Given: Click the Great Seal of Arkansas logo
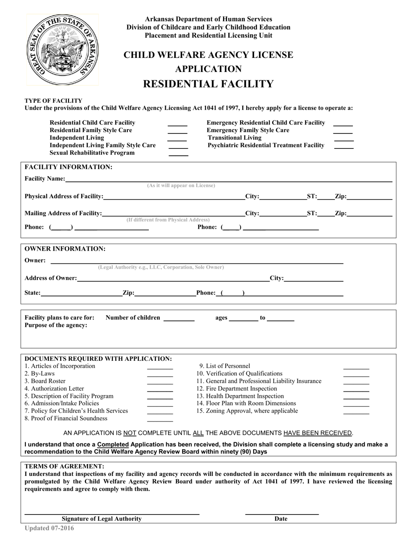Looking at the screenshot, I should (x=63, y=49).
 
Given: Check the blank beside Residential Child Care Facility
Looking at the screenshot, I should (x=177, y=125).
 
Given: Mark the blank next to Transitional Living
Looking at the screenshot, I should (x=343, y=140).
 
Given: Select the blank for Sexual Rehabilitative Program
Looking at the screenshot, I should (x=178, y=155).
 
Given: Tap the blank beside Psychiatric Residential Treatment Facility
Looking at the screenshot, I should (x=344, y=147).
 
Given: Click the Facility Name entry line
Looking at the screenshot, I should (x=228, y=180).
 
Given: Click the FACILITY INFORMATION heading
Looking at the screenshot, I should (x=68, y=167).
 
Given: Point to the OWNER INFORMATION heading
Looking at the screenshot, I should (x=65, y=249).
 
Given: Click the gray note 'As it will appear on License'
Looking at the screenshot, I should (x=181, y=186).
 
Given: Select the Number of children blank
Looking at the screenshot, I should (x=179, y=320).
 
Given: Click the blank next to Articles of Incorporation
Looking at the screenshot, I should (x=160, y=368).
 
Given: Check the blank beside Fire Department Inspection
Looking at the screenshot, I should (x=356, y=390).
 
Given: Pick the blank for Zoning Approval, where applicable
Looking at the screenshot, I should (x=356, y=413).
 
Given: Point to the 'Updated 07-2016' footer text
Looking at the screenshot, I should (x=50, y=529).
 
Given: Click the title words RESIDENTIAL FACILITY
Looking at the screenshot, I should (x=208, y=84).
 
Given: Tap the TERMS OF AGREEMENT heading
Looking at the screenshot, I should (x=65, y=467).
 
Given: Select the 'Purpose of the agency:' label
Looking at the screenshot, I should (x=56, y=325).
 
